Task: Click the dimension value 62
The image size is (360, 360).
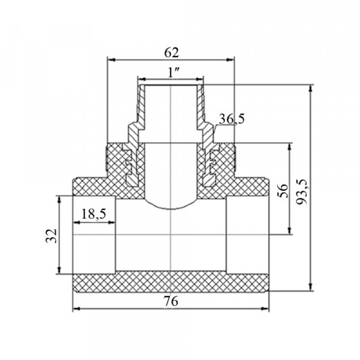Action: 172,53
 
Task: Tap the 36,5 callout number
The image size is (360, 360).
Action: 232,119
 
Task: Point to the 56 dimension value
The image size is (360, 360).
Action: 283,191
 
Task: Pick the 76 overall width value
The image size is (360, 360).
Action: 171,301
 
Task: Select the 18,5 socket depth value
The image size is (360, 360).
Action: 94,214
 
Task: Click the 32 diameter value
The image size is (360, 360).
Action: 52,236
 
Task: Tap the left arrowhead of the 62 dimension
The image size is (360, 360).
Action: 112,60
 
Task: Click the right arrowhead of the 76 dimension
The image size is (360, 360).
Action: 265,308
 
